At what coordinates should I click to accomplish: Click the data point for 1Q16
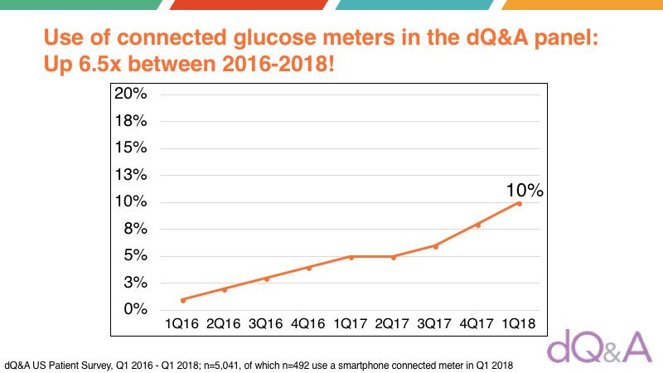[x=182, y=299]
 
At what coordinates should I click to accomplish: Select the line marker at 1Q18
[x=520, y=203]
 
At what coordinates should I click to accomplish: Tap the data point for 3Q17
[x=435, y=246]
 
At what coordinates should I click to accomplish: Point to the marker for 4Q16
[x=309, y=268]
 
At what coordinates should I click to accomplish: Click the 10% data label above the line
[x=525, y=190]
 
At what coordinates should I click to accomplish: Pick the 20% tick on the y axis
[x=130, y=94]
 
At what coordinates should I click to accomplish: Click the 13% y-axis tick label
[x=130, y=175]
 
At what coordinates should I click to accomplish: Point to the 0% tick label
[x=134, y=309]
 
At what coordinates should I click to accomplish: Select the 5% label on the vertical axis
[x=134, y=255]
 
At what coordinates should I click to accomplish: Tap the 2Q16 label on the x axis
[x=225, y=323]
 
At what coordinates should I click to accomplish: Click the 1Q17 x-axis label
[x=351, y=323]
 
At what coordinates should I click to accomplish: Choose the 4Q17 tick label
[x=477, y=323]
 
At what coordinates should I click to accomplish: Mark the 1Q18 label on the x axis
[x=520, y=323]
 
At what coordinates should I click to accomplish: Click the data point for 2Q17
[x=394, y=257]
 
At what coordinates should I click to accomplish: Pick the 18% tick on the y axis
[x=130, y=121]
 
